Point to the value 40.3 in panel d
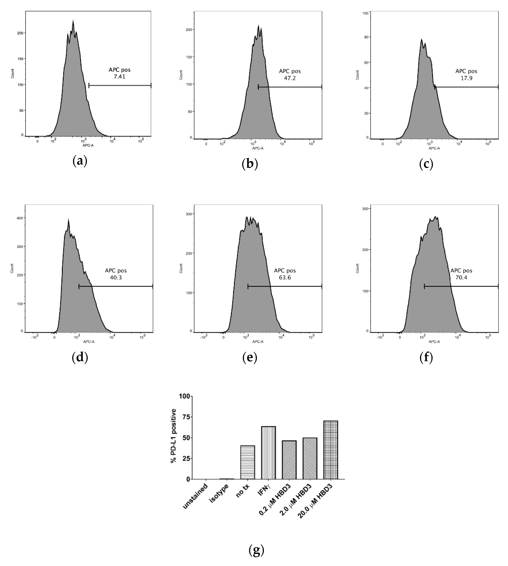click(116, 278)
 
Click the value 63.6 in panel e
click(285, 278)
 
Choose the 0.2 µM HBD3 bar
click(289, 460)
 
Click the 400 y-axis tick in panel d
click(20, 218)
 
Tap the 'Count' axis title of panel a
click(12, 73)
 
